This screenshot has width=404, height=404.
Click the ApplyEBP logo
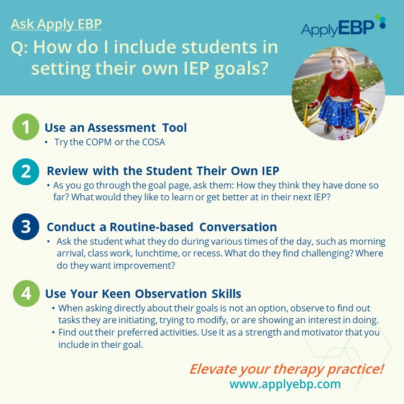tap(343, 26)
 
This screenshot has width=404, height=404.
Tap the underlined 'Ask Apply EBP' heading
tap(57, 24)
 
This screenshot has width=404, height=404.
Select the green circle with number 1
tap(26, 127)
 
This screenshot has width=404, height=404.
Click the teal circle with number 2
tap(26, 172)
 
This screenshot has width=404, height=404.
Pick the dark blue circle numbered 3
tap(26, 227)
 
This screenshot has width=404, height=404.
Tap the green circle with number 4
tap(26, 293)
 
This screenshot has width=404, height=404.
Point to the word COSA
tap(154, 142)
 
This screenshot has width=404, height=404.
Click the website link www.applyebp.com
tap(285, 384)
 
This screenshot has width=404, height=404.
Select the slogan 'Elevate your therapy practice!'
tap(287, 369)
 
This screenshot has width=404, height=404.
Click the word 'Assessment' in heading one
tap(122, 127)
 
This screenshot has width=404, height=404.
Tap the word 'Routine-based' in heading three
tap(151, 227)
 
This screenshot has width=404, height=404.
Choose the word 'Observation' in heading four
tap(171, 293)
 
